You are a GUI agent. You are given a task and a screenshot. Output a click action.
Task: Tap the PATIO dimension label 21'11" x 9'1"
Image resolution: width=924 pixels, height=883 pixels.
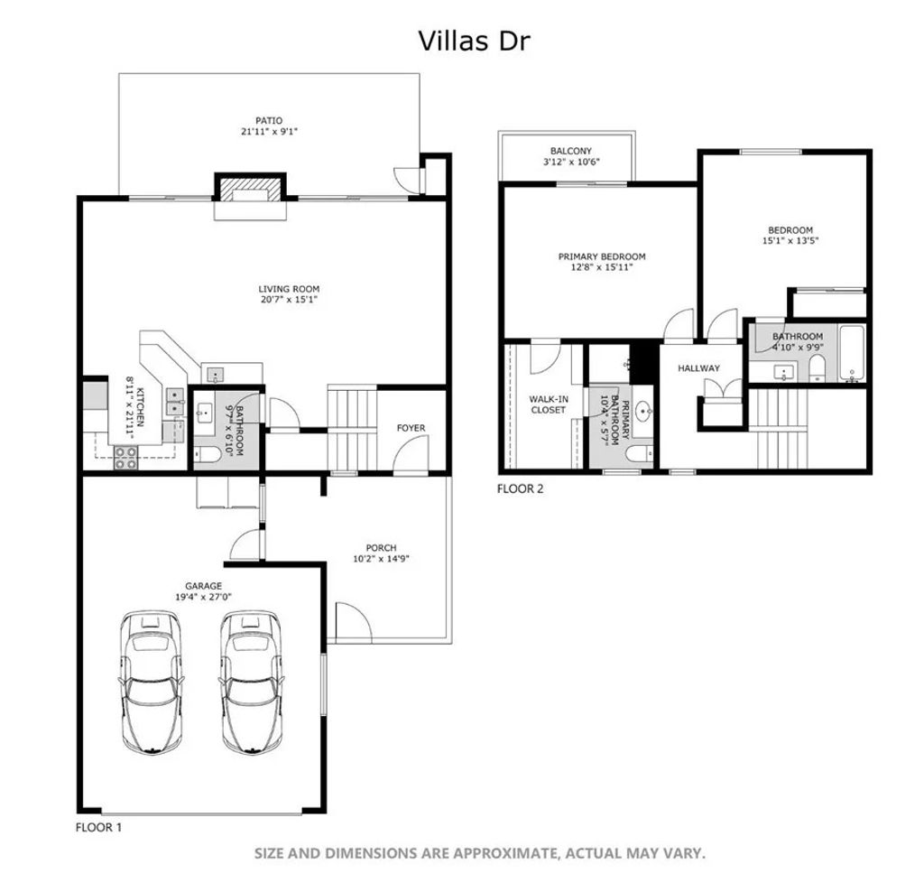tap(269, 132)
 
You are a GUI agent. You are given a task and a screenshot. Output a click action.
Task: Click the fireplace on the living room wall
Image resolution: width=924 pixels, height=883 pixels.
tap(249, 191)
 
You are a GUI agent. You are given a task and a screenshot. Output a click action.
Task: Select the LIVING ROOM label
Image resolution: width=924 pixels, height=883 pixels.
tap(283, 289)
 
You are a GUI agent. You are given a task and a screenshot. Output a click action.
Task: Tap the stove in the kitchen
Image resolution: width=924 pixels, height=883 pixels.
tap(125, 458)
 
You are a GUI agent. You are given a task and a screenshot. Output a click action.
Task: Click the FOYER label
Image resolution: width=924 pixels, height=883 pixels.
tap(411, 428)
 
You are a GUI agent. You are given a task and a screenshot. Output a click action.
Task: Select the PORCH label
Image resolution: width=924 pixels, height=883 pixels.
tap(381, 548)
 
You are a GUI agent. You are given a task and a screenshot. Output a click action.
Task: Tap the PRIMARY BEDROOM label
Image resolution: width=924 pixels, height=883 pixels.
tap(602, 256)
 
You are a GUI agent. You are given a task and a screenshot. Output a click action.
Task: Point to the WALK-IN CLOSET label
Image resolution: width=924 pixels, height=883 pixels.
tap(548, 404)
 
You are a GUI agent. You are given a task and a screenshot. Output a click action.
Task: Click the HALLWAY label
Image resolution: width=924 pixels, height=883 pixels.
tap(698, 368)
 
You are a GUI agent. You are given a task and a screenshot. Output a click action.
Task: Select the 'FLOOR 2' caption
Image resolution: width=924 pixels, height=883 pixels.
tap(520, 488)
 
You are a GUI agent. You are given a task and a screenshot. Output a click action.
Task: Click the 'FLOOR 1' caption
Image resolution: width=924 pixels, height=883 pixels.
tap(98, 826)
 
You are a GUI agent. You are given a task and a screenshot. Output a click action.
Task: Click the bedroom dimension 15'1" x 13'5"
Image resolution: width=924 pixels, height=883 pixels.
tap(790, 241)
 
